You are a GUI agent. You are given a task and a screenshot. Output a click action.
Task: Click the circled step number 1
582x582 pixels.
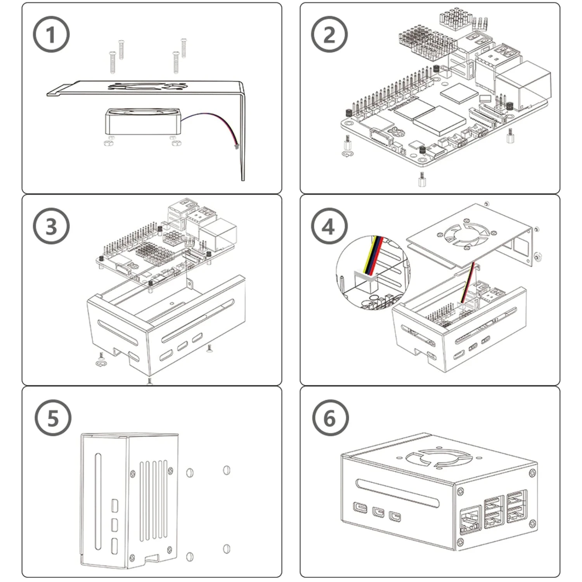coord(51,34)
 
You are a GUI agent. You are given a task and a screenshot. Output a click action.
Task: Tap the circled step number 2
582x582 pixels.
coord(329,34)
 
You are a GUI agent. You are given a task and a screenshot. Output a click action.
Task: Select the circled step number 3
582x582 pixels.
coord(51,226)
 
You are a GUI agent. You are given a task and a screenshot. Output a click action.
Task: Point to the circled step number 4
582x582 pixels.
coord(329,226)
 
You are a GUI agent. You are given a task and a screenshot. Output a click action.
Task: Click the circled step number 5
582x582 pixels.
coord(53,418)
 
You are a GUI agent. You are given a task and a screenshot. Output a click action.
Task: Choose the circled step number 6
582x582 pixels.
coord(330,418)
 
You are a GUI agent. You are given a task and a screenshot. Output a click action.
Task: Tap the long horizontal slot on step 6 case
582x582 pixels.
coord(398,493)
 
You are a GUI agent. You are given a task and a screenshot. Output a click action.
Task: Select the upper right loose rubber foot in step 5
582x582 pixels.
coord(227,470)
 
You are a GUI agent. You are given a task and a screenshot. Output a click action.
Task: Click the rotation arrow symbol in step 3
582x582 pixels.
coord(101,364)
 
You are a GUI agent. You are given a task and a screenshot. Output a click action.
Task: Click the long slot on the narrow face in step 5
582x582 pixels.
coord(97,501)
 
